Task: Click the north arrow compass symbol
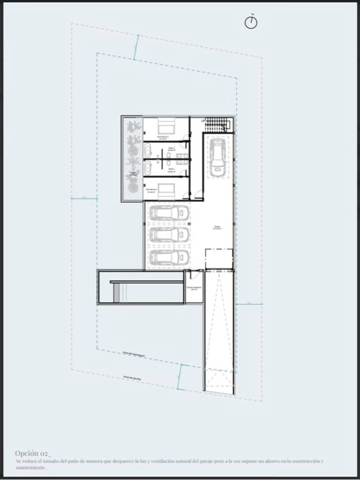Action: click(x=251, y=23)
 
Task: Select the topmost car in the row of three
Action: click(x=168, y=212)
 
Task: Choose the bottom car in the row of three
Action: click(x=168, y=256)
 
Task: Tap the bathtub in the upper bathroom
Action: click(x=148, y=151)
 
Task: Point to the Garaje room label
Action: click(x=217, y=228)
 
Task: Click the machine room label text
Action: click(x=194, y=288)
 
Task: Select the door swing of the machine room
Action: click(x=195, y=274)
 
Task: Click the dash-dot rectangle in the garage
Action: click(x=218, y=259)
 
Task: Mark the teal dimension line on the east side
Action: click(x=249, y=304)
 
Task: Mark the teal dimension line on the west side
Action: click(x=84, y=198)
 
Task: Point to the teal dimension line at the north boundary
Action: click(x=136, y=47)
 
